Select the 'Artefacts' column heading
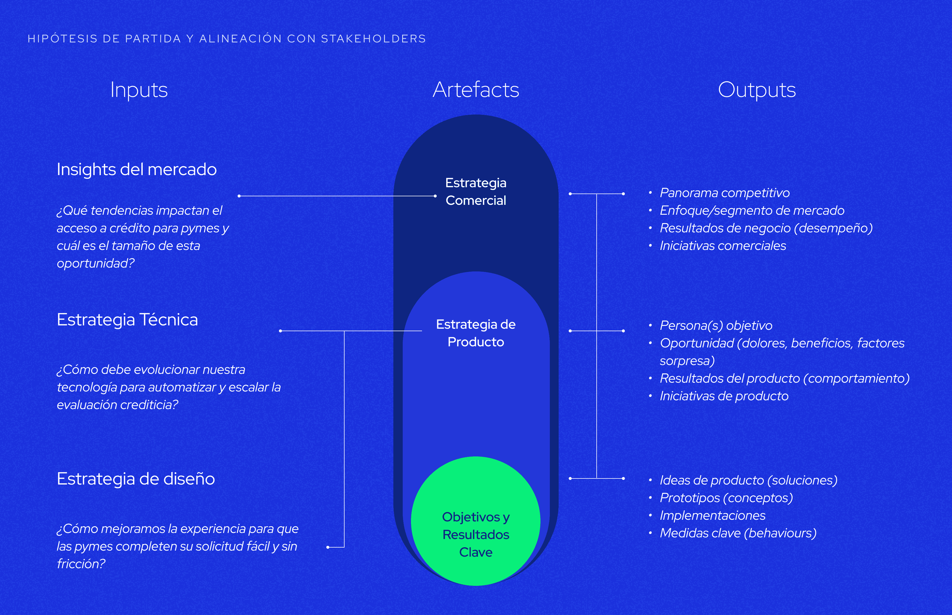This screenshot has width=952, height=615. tap(476, 90)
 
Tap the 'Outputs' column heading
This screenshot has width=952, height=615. tap(757, 90)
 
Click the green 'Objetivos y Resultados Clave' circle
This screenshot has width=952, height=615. tap(475, 521)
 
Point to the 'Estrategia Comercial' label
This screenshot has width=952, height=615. tap(475, 192)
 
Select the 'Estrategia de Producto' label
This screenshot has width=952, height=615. tap(475, 333)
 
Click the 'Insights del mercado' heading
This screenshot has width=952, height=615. tap(137, 169)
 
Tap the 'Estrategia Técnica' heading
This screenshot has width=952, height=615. tap(128, 320)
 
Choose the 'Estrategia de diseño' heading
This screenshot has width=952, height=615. tap(136, 479)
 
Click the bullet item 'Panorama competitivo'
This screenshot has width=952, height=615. tap(724, 193)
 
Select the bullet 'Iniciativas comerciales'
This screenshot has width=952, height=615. tap(723, 246)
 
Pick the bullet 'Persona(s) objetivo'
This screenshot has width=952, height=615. tap(716, 325)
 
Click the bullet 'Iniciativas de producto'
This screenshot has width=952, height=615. tap(724, 396)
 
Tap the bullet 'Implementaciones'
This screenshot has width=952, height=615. tap(712, 516)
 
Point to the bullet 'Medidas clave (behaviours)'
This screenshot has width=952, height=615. tap(738, 533)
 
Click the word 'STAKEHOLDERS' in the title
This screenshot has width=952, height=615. tap(373, 39)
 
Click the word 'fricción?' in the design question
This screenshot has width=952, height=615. tap(81, 564)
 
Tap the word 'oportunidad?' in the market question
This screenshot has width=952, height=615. tap(96, 263)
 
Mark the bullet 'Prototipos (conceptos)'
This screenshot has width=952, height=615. tap(726, 498)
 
